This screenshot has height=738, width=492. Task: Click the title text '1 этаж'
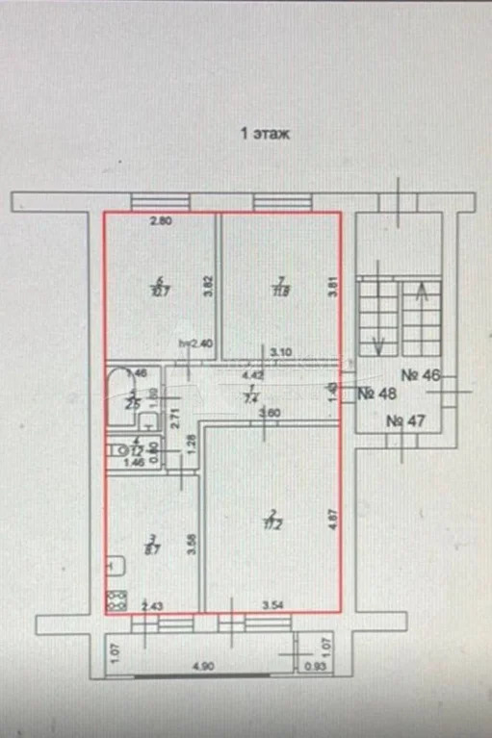[264, 136]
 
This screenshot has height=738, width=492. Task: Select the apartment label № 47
[408, 421]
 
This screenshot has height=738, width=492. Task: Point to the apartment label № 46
[421, 376]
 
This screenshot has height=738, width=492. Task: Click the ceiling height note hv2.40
[195, 343]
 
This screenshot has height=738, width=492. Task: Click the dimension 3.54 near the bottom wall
[277, 605]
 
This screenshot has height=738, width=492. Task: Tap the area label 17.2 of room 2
[273, 524]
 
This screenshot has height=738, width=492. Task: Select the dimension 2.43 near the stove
[152, 605]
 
